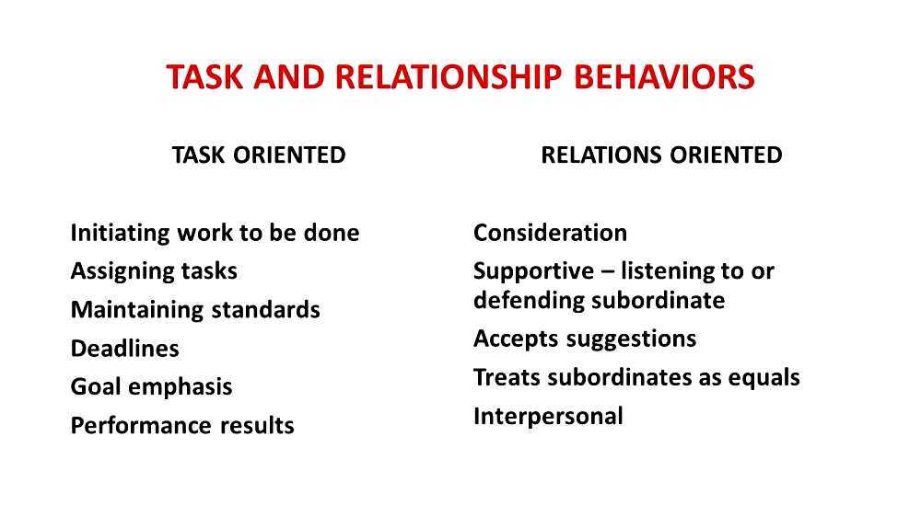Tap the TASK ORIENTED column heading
[x=259, y=155]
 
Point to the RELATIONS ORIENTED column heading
[x=661, y=155]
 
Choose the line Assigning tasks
[x=154, y=271]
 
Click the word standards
[x=266, y=310]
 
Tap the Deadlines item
[x=124, y=349]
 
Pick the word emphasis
[x=181, y=387]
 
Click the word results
[x=257, y=426]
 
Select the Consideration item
[x=550, y=233]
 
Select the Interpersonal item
[x=548, y=417]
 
